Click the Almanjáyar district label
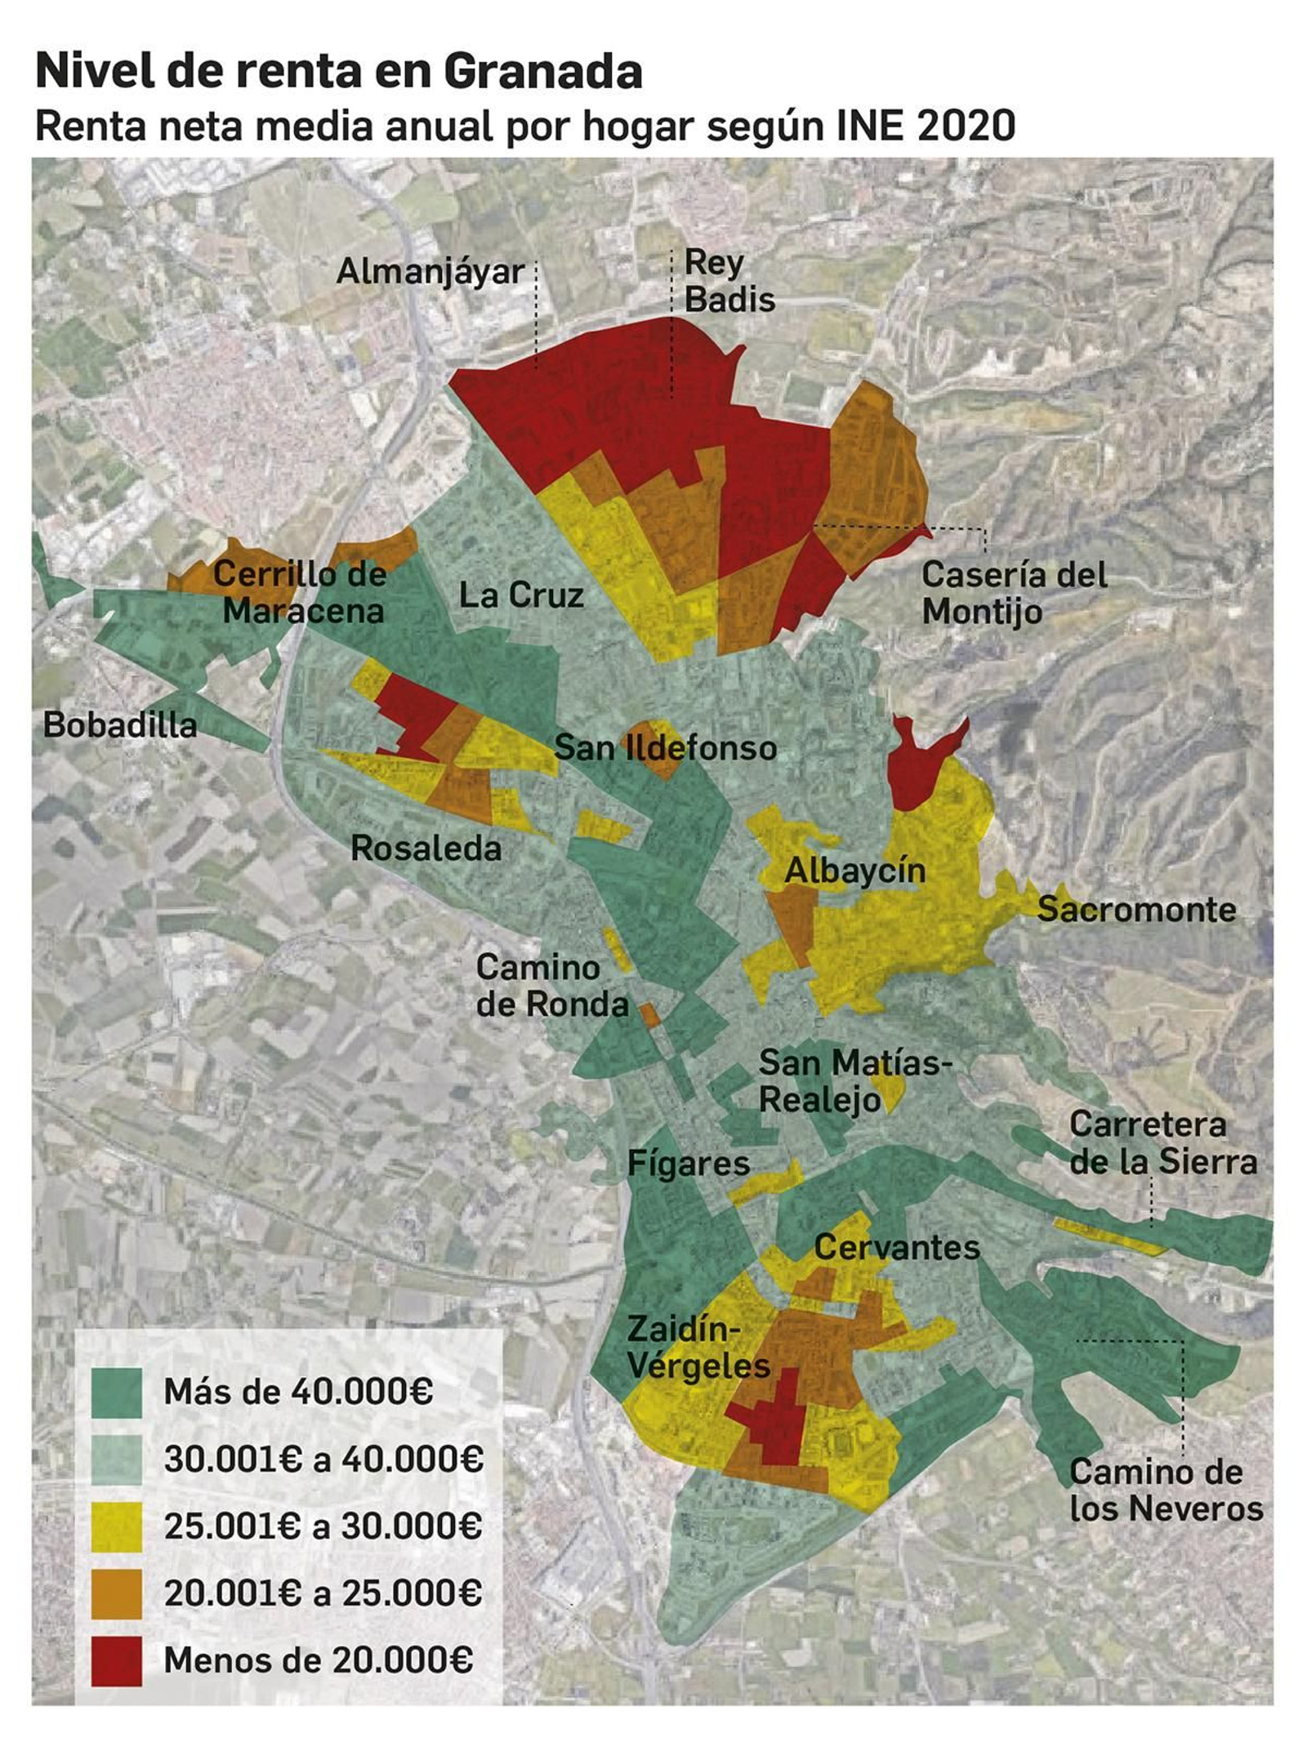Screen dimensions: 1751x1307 point(430,272)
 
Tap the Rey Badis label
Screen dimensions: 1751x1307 point(729,281)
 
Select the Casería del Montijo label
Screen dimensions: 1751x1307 point(1014,593)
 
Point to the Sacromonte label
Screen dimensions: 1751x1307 point(1136,910)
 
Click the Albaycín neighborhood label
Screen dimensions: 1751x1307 point(854,871)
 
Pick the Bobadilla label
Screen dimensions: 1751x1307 point(120,725)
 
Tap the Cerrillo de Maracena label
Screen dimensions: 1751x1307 point(300,593)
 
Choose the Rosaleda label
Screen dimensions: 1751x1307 point(426,849)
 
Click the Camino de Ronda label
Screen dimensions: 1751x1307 point(552,986)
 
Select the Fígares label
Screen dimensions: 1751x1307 point(688,1163)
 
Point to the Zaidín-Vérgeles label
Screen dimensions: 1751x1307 point(698,1348)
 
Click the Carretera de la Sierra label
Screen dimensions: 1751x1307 point(1162,1143)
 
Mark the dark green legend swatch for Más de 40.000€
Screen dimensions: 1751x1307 point(117,1392)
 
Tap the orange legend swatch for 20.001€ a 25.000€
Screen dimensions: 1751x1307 point(117,1593)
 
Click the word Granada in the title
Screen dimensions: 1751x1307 point(542,72)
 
